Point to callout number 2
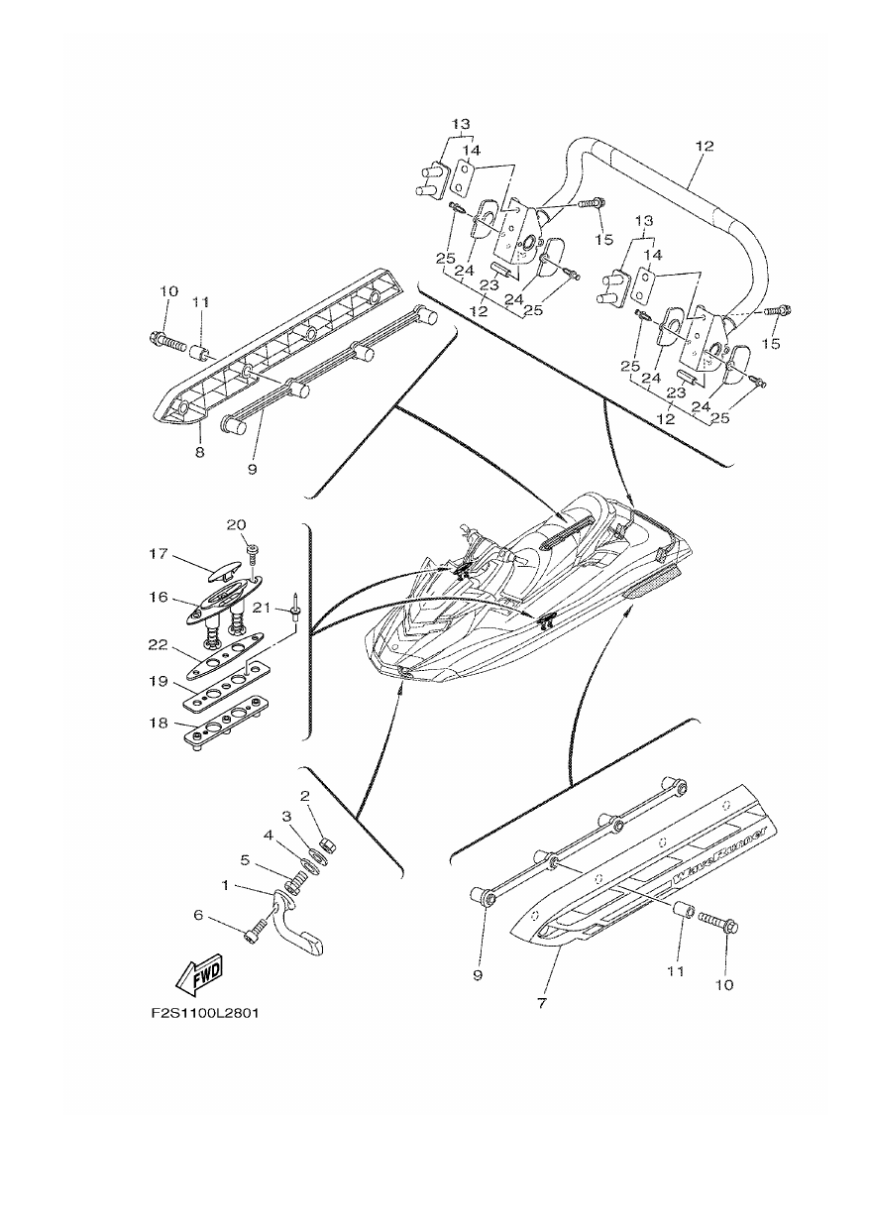pos(305,796)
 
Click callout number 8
pos(200,452)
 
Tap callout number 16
pos(160,597)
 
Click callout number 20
pos(236,524)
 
